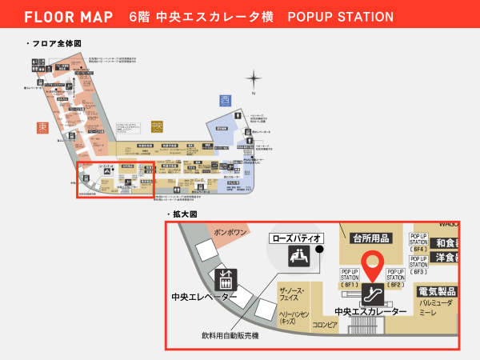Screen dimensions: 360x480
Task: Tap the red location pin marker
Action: point(372,263)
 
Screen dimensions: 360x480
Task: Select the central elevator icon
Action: point(225,279)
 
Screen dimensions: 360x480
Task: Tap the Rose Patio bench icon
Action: point(297,256)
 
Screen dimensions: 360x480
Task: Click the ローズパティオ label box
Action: point(297,238)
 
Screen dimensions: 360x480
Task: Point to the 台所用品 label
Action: point(373,238)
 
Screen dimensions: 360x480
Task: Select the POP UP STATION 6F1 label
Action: point(350,278)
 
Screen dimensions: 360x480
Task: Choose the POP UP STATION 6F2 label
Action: point(394,278)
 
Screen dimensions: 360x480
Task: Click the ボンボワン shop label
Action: point(230,231)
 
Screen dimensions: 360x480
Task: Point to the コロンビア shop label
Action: point(325,326)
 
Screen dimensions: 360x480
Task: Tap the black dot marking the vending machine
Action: point(319,249)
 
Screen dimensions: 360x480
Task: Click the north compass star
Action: point(253,78)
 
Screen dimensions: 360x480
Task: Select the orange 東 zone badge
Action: point(42,127)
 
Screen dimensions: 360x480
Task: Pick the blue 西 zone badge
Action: point(225,101)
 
